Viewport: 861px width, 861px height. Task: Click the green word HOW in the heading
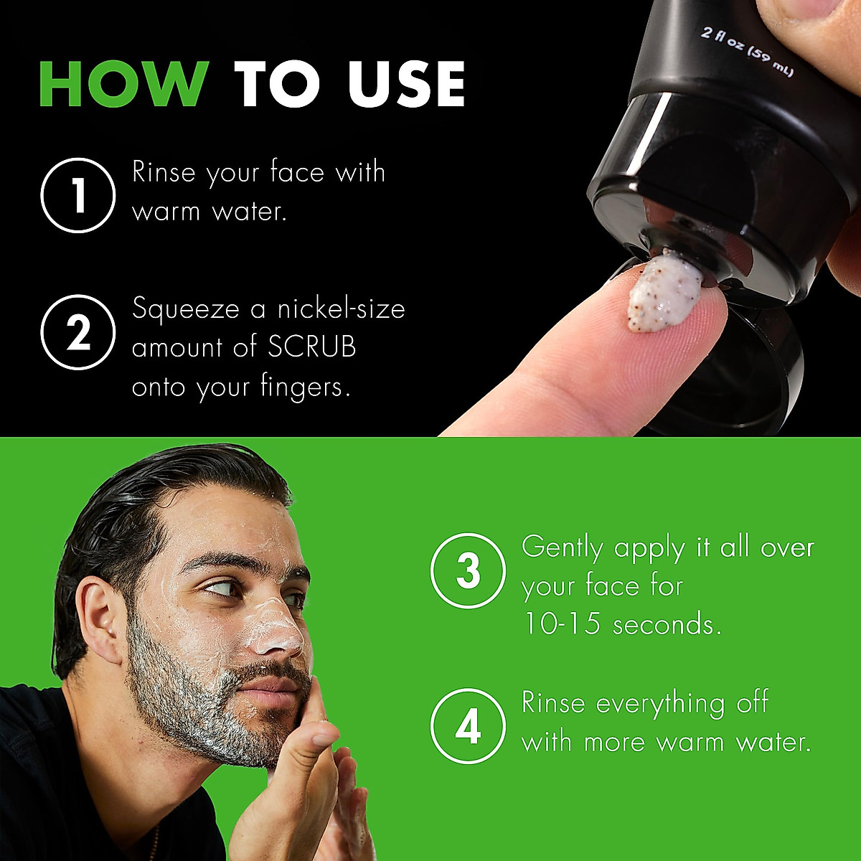pos(123,84)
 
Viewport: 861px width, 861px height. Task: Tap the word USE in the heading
pos(407,84)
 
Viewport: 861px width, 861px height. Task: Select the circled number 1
pos(77,195)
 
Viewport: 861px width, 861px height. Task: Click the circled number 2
pos(77,332)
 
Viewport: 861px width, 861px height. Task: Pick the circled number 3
pos(468,570)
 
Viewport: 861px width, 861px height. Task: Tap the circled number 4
pos(468,726)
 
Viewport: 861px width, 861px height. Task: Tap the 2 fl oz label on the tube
pos(746,52)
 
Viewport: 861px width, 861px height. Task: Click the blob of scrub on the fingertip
pos(663,295)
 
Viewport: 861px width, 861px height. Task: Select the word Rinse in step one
pos(164,172)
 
